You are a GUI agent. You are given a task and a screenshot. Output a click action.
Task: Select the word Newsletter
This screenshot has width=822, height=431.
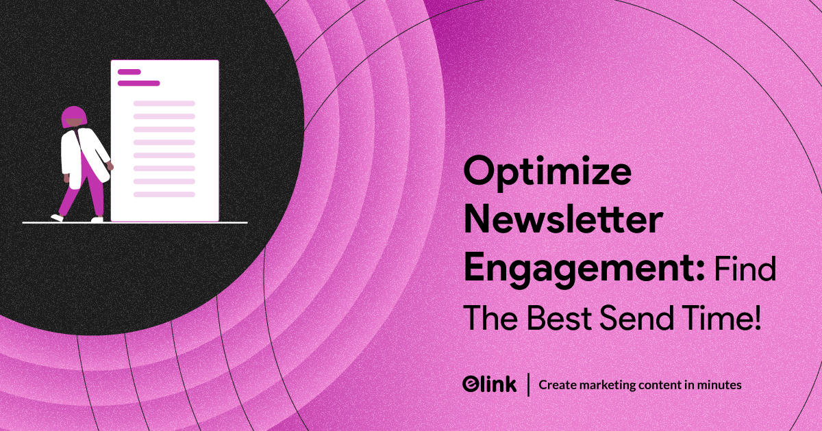click(x=564, y=222)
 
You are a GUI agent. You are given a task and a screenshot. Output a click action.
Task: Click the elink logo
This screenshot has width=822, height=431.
click(x=489, y=384)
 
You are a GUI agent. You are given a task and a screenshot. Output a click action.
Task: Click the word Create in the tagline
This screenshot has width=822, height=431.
click(x=556, y=385)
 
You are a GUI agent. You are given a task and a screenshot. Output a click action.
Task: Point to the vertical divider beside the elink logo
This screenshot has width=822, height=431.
click(x=527, y=384)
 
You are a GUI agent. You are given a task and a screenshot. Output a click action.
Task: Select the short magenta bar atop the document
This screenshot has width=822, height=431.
click(x=129, y=72)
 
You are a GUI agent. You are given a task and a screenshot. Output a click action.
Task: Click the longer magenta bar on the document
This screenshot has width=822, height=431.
click(x=138, y=83)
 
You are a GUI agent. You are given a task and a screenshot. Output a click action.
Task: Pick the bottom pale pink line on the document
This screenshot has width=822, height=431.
click(x=164, y=194)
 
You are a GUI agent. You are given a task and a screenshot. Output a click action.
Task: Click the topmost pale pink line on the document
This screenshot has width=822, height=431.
click(x=164, y=103)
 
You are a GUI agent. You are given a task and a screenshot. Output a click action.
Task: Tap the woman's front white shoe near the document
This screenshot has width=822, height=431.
click(x=97, y=219)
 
